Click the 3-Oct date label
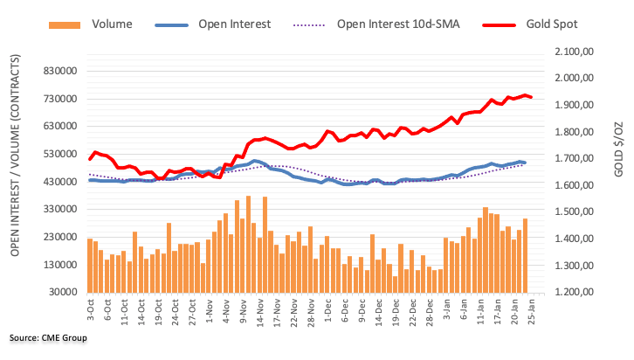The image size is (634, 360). click(x=89, y=311)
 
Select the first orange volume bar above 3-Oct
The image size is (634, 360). click(x=90, y=265)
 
